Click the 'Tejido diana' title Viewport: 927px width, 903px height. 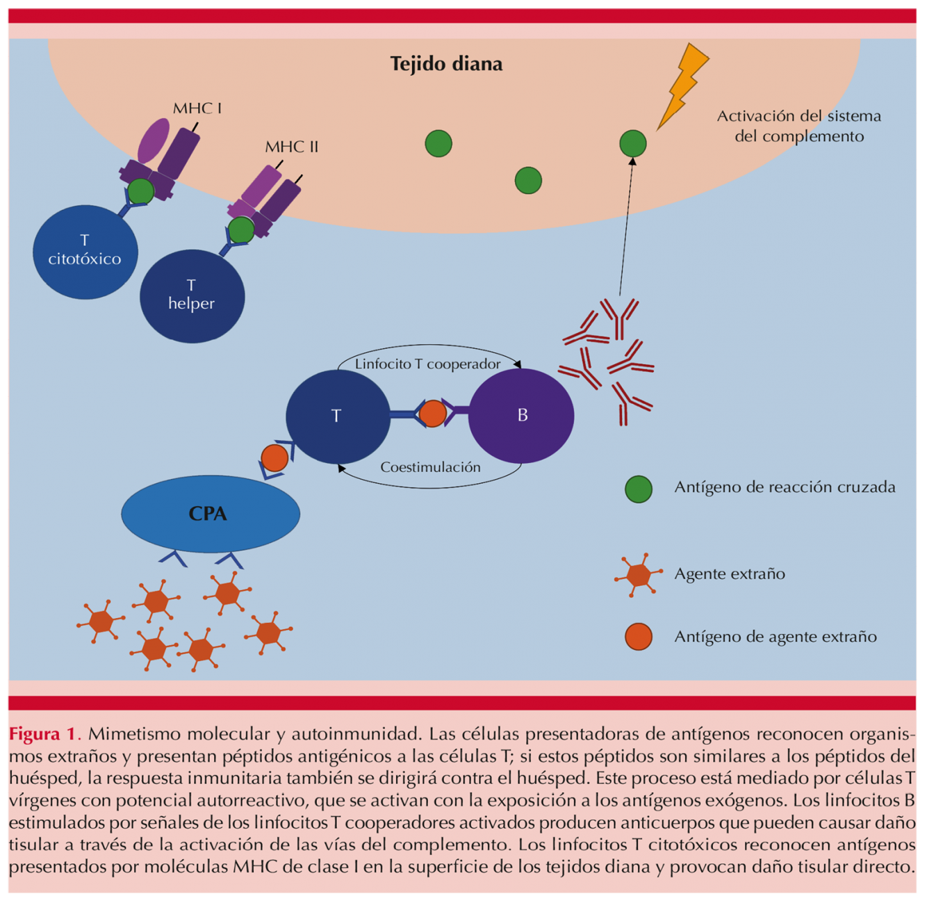(x=446, y=64)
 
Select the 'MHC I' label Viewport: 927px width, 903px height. (x=197, y=108)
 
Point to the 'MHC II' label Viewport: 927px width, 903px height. (x=291, y=147)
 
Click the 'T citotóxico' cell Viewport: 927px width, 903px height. (x=85, y=252)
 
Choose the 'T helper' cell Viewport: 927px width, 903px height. (x=192, y=296)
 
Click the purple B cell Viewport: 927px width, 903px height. (x=521, y=416)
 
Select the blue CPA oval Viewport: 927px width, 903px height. (x=210, y=514)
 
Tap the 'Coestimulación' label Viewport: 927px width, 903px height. (x=430, y=467)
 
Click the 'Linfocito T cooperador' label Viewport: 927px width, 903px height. (x=427, y=364)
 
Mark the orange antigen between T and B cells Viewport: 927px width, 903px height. (x=432, y=414)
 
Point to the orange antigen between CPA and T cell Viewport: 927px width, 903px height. (x=274, y=459)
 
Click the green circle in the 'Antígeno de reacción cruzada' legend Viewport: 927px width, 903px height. (x=638, y=489)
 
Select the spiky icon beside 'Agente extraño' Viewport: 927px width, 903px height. (x=638, y=575)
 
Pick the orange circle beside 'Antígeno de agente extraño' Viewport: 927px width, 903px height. (x=638, y=637)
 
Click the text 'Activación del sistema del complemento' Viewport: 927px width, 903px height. (x=799, y=126)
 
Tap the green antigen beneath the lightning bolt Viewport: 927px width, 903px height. (x=632, y=144)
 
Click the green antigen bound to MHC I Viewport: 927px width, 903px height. (x=140, y=191)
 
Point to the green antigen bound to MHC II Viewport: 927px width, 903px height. (x=241, y=230)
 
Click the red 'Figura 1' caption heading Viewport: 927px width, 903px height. (x=43, y=734)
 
